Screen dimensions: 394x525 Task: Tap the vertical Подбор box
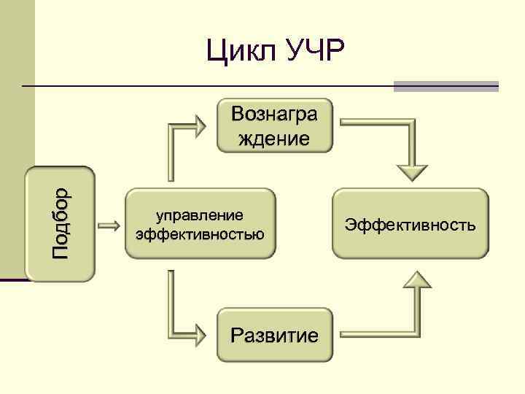pos(61,223)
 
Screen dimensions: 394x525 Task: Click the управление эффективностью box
pos(200,223)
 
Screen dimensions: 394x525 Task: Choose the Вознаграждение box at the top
pos(274,125)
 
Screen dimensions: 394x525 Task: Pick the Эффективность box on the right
pos(411,223)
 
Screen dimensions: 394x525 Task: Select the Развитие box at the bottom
pos(274,335)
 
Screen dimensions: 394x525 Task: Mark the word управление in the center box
pos(200,215)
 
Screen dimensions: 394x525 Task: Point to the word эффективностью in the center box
pos(200,234)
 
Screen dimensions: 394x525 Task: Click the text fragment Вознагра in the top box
pos(274,114)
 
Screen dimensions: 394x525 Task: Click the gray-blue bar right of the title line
pos(446,86)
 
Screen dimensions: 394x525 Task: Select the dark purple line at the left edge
pos(13,279)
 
